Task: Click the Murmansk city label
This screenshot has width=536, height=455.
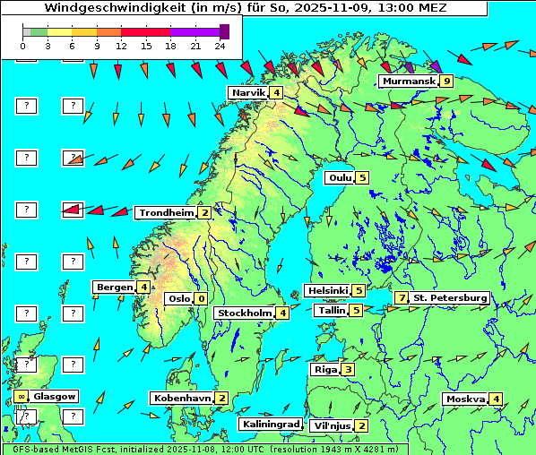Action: pyautogui.click(x=408, y=82)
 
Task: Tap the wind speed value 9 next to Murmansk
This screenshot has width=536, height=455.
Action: pyautogui.click(x=445, y=82)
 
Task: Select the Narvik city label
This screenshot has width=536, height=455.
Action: pyautogui.click(x=248, y=93)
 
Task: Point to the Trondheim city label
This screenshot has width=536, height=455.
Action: pyautogui.click(x=165, y=213)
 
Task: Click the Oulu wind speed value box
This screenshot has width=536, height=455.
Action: pyautogui.click(x=362, y=177)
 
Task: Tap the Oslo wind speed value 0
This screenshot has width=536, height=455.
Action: pyautogui.click(x=201, y=299)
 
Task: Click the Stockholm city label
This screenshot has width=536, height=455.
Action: pyautogui.click(x=244, y=313)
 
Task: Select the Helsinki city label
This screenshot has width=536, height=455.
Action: pyautogui.click(x=326, y=290)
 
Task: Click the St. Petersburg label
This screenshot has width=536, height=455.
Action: pyautogui.click(x=450, y=297)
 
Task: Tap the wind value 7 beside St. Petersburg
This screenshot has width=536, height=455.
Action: pyautogui.click(x=402, y=297)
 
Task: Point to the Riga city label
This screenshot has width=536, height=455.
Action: pyautogui.click(x=323, y=369)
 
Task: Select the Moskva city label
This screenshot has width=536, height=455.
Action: pyautogui.click(x=465, y=399)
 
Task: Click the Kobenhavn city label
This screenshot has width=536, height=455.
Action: pyautogui.click(x=182, y=398)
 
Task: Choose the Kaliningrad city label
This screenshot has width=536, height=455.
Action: pyautogui.click(x=270, y=425)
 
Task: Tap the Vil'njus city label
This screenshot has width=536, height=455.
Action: pyautogui.click(x=331, y=425)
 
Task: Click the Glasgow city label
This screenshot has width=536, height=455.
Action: pyautogui.click(x=56, y=396)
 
